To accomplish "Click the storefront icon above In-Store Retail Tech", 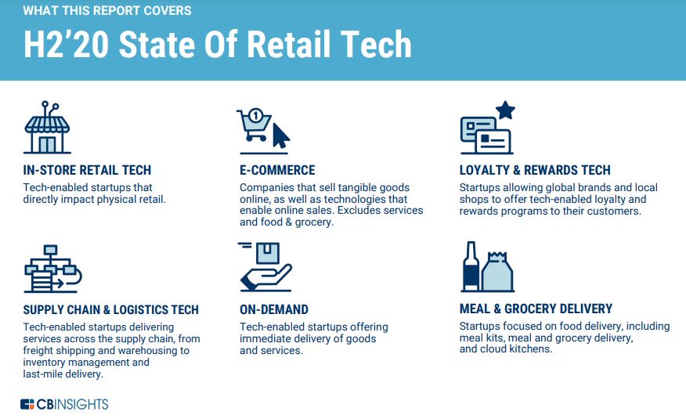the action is coord(47,128).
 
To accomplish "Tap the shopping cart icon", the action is coord(255,125).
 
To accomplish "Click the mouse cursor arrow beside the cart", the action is coord(281,136).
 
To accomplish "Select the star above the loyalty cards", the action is coord(505,110).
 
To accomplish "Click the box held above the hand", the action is coord(268,253).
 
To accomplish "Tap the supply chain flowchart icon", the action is coord(52,269).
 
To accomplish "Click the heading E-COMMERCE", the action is coord(277,170).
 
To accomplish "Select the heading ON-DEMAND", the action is coord(274,309).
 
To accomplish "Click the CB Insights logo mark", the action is coord(27,404).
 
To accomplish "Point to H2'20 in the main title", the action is coord(66,44).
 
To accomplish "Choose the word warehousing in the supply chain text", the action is coord(141,351).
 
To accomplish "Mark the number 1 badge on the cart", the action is coord(255,116).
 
